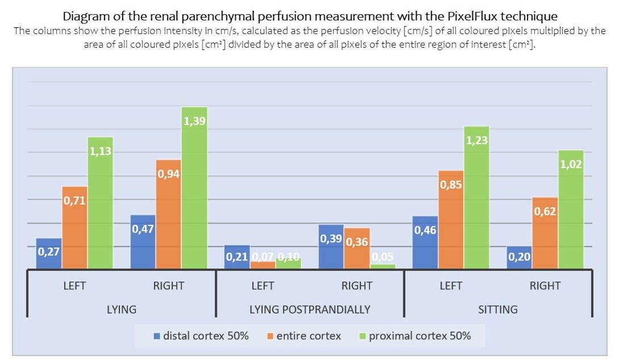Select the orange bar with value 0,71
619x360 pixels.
click(74, 227)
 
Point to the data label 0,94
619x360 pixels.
click(169, 174)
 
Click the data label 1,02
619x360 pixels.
click(571, 164)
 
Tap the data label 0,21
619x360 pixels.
click(237, 257)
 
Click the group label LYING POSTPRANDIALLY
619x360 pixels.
click(310, 309)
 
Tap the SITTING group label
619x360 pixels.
click(498, 309)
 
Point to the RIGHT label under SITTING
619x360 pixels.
click(545, 286)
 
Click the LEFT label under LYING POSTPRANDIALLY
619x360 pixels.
click(262, 286)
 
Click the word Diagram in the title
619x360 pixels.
click(85, 16)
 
